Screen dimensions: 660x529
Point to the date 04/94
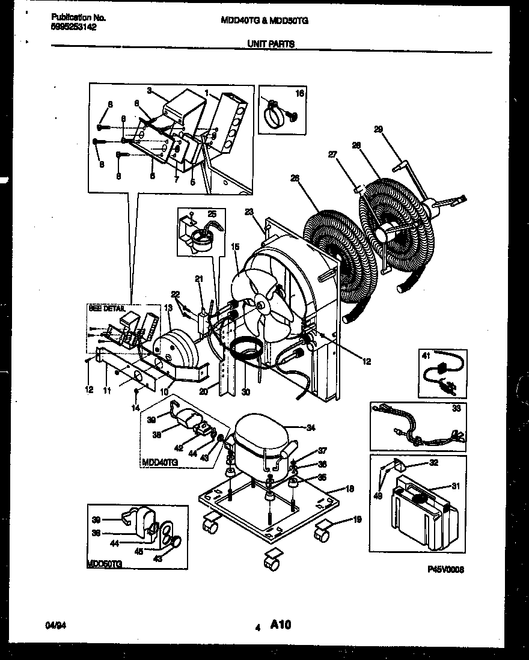[x=54, y=626]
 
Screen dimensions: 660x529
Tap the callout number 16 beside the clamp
[x=300, y=94]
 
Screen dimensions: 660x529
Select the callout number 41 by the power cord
[x=427, y=356]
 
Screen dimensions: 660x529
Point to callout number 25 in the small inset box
[x=212, y=214]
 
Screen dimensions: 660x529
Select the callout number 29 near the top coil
[x=378, y=129]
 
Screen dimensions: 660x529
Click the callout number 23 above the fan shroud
[x=249, y=212]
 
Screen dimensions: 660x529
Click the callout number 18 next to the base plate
[x=350, y=489]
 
